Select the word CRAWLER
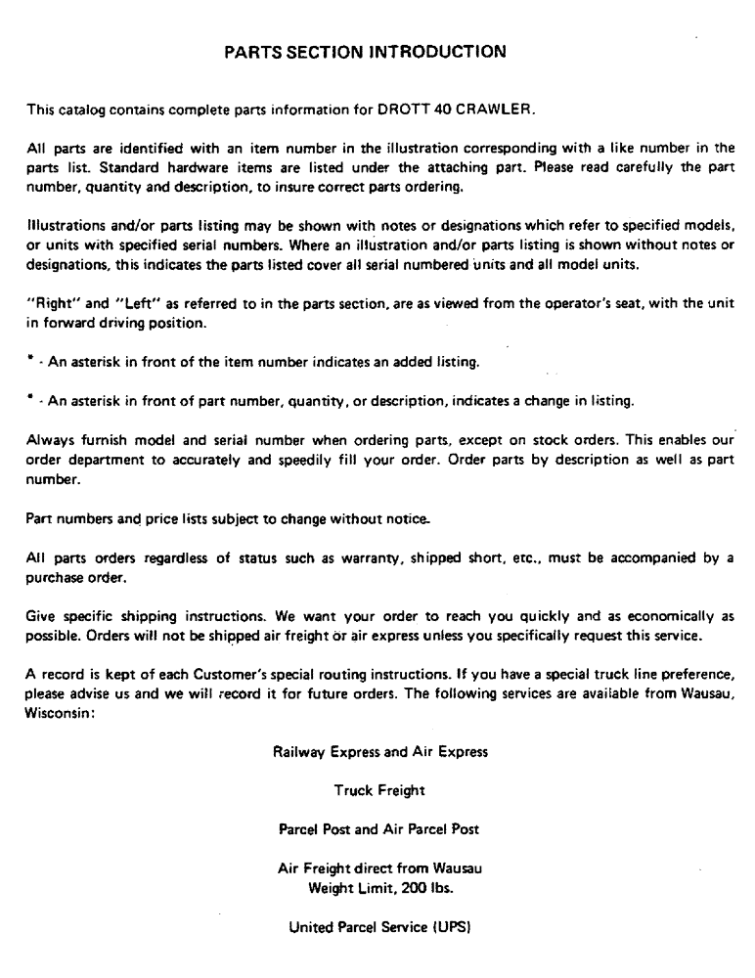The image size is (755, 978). coord(495,111)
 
